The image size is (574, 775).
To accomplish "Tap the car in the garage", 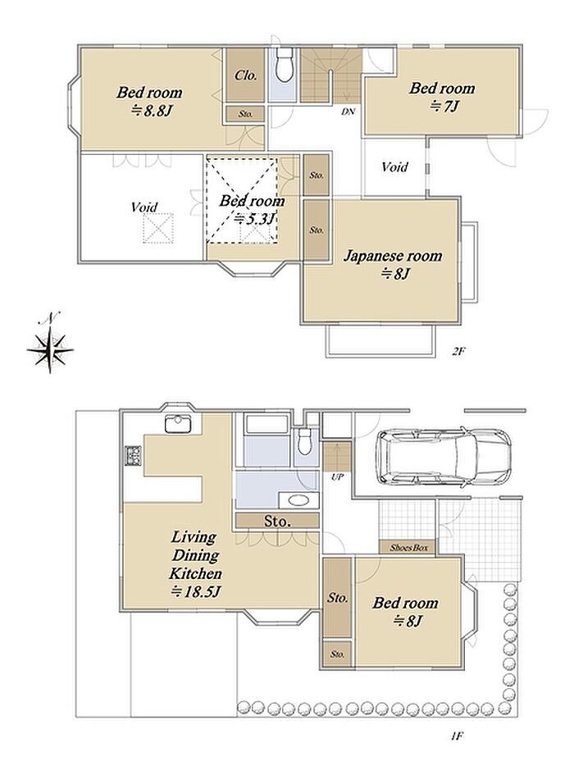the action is point(443,456).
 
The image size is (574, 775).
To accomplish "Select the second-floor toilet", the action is point(284,65).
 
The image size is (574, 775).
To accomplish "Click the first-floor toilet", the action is point(304,441).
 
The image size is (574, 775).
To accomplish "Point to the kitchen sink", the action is point(178,425).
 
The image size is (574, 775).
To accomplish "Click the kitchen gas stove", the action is point(133,455).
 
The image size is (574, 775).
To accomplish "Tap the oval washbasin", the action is point(298,500).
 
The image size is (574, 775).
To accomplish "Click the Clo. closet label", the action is point(246,75).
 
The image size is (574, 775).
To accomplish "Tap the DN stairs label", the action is point(348,112).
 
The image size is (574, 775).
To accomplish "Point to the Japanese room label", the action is point(393,256).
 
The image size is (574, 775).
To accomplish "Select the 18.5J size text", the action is point(195,591).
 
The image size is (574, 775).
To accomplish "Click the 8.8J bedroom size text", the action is point(151,110).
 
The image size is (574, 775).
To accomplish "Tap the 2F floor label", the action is point(458,352).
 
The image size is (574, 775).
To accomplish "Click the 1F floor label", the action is point(457,736).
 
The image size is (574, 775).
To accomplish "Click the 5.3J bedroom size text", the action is point(254,218).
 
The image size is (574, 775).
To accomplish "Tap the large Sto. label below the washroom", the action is point(276,521).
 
